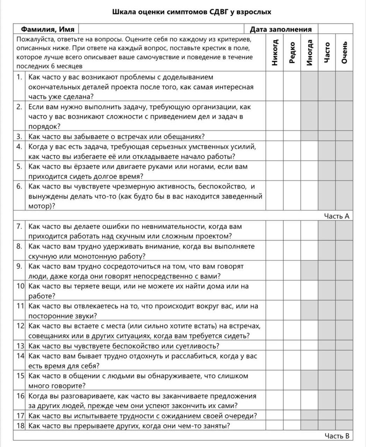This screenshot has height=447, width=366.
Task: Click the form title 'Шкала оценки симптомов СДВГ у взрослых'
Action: pos(192,12)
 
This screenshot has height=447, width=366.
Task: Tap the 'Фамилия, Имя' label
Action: pos(47,29)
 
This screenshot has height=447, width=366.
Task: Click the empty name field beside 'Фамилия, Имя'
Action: pos(161,29)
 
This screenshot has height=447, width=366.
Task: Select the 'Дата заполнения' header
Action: pos(281,29)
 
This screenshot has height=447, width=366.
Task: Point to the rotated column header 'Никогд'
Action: pos(275,53)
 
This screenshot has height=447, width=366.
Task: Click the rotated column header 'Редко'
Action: pos(292,53)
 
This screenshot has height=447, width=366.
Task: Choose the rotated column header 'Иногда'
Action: pos(310,53)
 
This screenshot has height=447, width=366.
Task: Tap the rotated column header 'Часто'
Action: pos(327,53)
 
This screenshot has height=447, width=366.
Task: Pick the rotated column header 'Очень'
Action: pos(344,53)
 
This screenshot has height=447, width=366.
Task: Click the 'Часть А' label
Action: pos(337,216)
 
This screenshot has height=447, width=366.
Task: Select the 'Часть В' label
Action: pos(337,436)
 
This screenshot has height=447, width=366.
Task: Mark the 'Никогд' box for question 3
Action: pos(275,136)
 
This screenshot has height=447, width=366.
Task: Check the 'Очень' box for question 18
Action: pos(344,425)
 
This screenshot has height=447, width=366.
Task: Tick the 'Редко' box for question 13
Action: pos(292,346)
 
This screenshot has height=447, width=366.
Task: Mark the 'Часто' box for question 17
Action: pos(327,415)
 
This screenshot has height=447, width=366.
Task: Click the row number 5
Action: pos(20,167)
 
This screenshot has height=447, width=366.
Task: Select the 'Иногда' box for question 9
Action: pos(310,271)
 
